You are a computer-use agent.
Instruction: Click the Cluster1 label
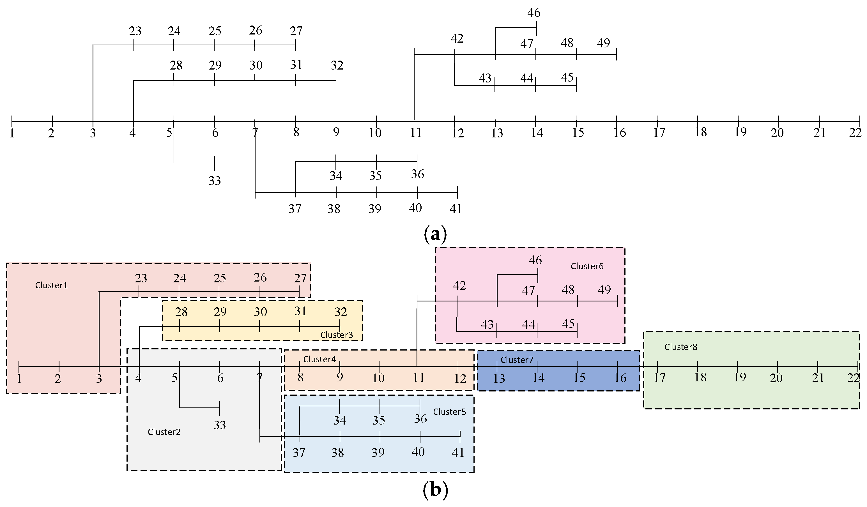(51, 285)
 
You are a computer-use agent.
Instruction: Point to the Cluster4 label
(319, 359)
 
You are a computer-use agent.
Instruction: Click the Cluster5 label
(449, 412)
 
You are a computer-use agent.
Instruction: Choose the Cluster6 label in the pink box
(587, 266)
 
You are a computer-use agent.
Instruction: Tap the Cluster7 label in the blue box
(517, 360)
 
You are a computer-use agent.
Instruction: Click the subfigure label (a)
(435, 235)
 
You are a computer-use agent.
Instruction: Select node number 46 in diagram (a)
(533, 13)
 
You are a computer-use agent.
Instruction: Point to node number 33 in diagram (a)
(215, 181)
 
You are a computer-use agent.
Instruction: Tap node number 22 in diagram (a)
(855, 133)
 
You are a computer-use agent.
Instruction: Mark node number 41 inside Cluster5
(458, 453)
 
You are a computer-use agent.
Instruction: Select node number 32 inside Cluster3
(341, 312)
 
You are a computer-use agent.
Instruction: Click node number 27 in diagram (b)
(300, 278)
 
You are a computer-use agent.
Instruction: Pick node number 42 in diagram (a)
(457, 38)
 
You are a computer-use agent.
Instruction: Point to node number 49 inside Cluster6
(604, 290)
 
